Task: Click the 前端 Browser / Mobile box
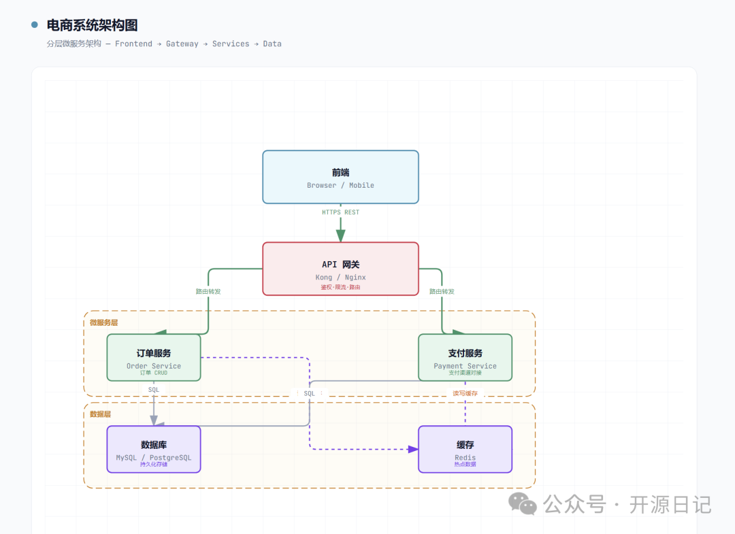coord(340,177)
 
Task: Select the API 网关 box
coord(340,269)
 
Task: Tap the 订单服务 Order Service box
coord(154,357)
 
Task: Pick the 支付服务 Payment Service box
coord(465,357)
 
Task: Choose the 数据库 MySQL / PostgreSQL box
coord(154,449)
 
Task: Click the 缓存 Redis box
coord(465,449)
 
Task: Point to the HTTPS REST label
coord(340,212)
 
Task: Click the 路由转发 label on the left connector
coord(208,291)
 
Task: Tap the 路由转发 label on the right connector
coord(442,291)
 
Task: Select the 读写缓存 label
coord(465,393)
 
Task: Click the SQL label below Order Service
coord(154,390)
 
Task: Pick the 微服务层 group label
coord(103,322)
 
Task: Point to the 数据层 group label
coord(100,414)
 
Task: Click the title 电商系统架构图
coord(92,25)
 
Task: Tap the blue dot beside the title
coord(34,24)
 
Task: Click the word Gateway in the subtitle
coord(182,44)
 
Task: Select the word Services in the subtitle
coord(231,44)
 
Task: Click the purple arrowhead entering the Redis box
coord(413,449)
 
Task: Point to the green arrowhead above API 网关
coord(341,235)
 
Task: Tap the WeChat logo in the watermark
coord(522,504)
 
